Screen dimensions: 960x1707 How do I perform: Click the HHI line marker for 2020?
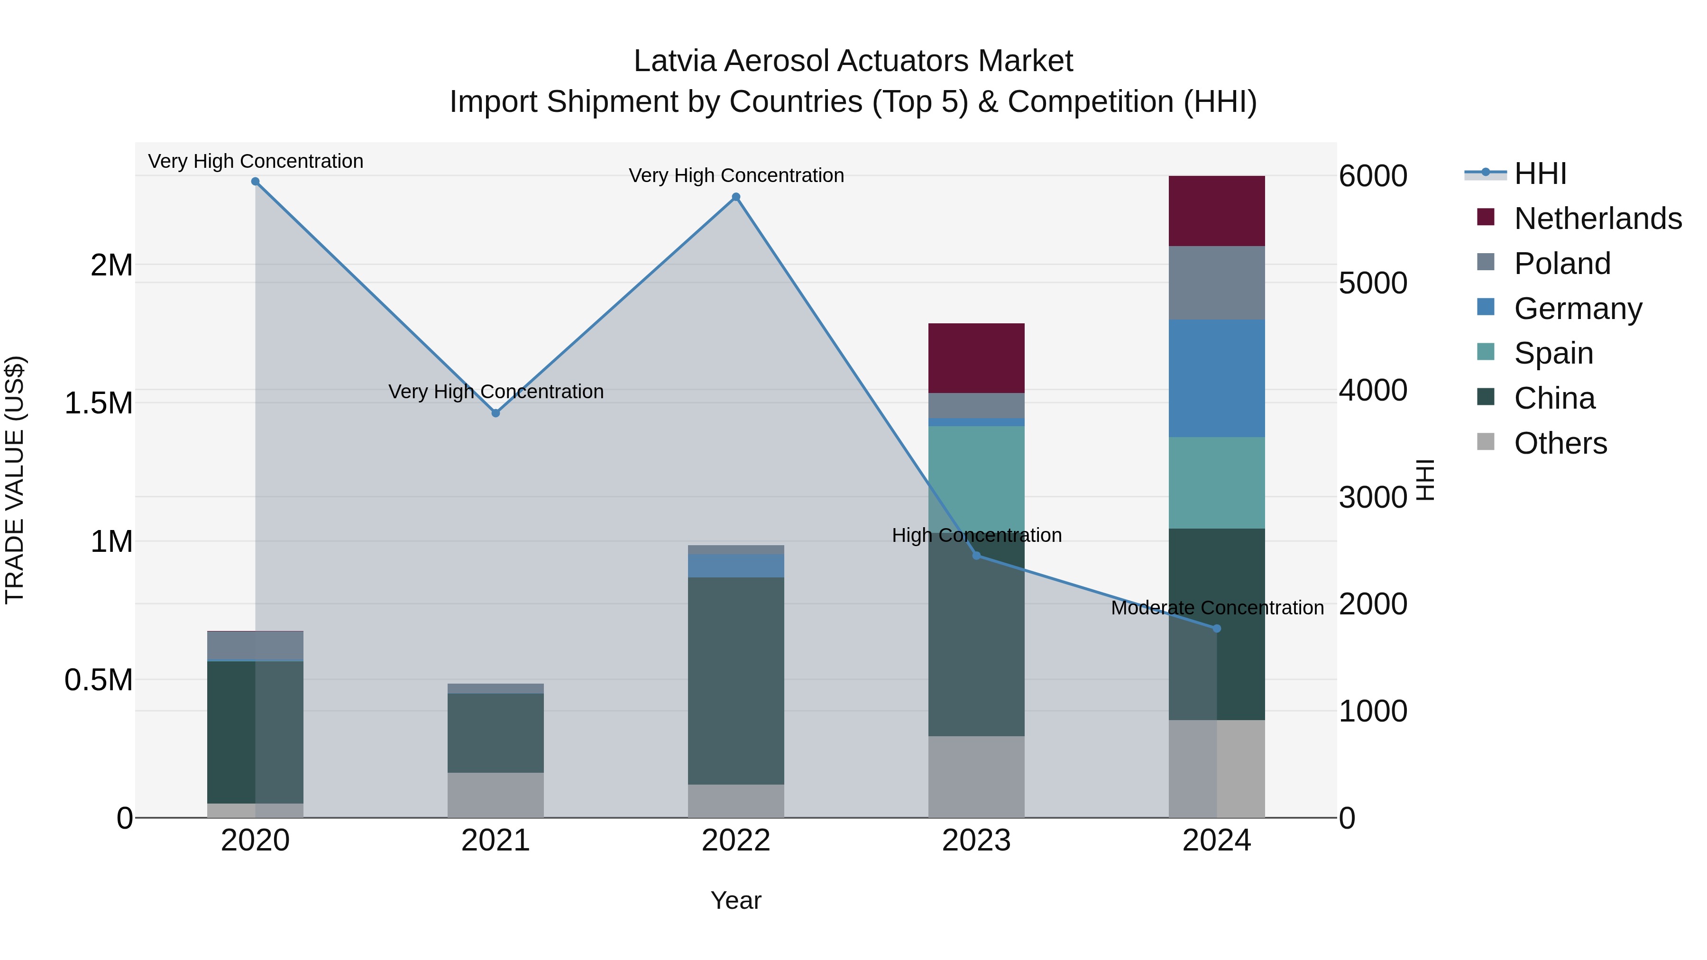[x=255, y=182]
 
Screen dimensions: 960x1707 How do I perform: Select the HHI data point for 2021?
[x=496, y=413]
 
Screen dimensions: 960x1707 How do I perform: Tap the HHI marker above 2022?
[x=735, y=197]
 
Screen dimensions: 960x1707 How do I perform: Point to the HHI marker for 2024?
[x=1217, y=628]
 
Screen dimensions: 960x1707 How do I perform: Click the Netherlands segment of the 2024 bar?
[x=1217, y=210]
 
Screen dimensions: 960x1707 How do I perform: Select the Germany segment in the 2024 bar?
[x=1217, y=378]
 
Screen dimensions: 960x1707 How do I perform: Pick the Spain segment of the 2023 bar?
[x=976, y=477]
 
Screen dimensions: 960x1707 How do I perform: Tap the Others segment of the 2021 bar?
[x=496, y=795]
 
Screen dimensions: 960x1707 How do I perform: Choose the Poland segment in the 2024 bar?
[x=1217, y=283]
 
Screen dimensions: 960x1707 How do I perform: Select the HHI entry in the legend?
[x=1540, y=174]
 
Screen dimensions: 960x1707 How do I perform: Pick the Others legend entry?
[x=1560, y=443]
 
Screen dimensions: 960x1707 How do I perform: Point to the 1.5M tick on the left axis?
[x=99, y=403]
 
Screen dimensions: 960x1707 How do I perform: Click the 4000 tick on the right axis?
[x=1372, y=390]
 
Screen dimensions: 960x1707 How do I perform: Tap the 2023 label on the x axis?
[x=976, y=841]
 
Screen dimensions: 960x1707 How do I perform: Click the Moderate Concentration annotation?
[x=1217, y=608]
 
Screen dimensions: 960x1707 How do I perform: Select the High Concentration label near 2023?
[x=976, y=535]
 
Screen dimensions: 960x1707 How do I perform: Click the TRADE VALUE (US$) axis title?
[x=15, y=480]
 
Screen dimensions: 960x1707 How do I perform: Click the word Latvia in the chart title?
[x=675, y=61]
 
